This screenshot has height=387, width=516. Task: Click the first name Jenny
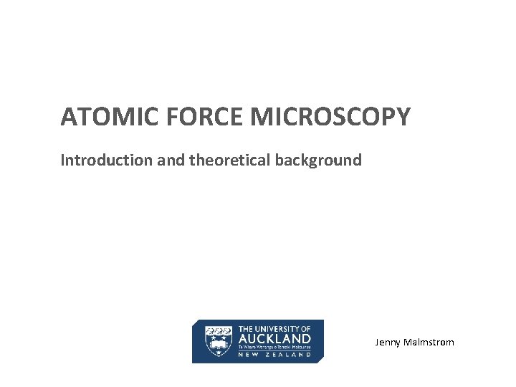tap(388, 343)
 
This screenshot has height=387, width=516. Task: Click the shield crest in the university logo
tap(219, 341)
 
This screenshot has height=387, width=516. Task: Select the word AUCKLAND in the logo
tap(274, 338)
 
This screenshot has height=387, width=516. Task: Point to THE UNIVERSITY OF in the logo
tap(274, 328)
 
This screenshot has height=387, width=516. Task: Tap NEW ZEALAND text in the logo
tap(274, 354)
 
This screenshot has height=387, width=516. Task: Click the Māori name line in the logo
tap(274, 347)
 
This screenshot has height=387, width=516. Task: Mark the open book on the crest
tap(219, 345)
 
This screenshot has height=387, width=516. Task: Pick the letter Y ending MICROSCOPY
tap(404, 117)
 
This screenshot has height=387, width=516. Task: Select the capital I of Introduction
tap(63, 160)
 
